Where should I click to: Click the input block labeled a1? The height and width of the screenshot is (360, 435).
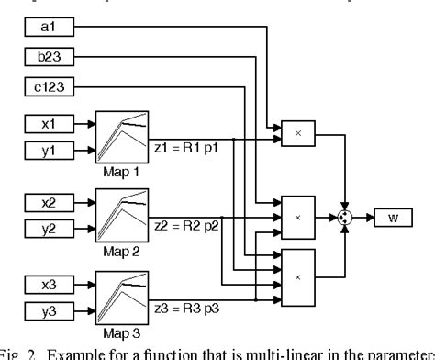(47, 29)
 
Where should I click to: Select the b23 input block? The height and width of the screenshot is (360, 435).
(47, 59)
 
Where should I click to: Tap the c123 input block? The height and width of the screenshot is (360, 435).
(47, 87)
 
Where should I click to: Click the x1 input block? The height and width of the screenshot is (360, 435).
(47, 121)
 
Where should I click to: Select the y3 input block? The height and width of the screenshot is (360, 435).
(47, 308)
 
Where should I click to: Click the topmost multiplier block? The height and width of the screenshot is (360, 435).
(297, 134)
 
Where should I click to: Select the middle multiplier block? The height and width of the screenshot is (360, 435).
(297, 217)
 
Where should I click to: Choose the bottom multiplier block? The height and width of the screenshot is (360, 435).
(297, 273)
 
